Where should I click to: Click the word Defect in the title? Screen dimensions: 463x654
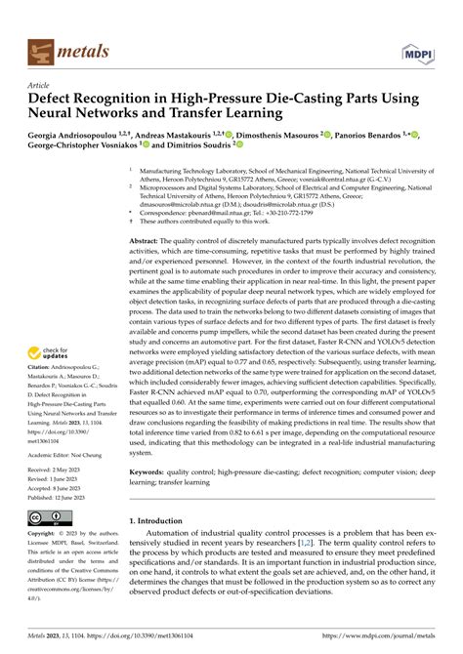(x=50, y=99)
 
